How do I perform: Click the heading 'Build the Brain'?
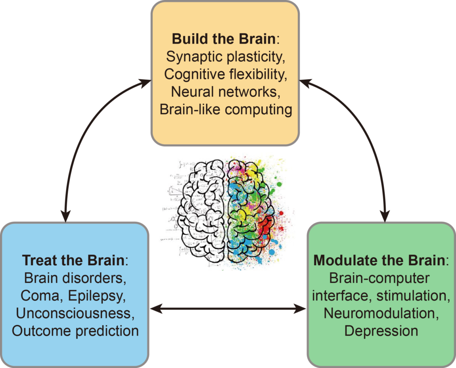[223, 39]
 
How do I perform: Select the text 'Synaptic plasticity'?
[225, 57]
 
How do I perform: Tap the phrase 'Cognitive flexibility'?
[225, 74]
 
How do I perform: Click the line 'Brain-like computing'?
[226, 109]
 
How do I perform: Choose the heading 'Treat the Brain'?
[74, 260]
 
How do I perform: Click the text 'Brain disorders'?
[75, 278]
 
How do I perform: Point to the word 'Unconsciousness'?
[75, 313]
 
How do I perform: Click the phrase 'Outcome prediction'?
[75, 331]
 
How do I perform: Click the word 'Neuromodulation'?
[381, 313]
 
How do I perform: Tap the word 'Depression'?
[381, 331]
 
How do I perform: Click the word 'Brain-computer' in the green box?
[380, 278]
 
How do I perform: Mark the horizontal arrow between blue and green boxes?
[228, 308]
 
